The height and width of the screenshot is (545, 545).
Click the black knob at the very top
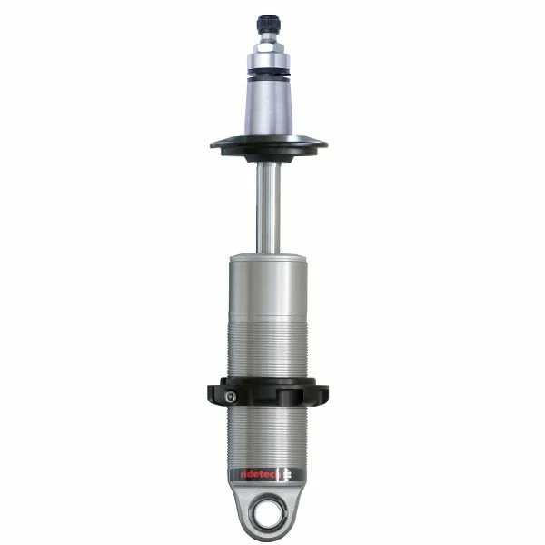(x=268, y=20)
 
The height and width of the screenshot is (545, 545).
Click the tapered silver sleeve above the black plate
(x=268, y=109)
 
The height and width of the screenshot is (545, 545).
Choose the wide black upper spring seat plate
(x=268, y=144)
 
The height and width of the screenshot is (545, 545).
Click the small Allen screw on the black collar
(x=230, y=395)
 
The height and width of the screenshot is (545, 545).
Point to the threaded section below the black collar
(x=268, y=436)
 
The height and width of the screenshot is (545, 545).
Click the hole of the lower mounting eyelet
(x=269, y=510)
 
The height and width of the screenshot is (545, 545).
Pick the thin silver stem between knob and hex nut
(x=268, y=33)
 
